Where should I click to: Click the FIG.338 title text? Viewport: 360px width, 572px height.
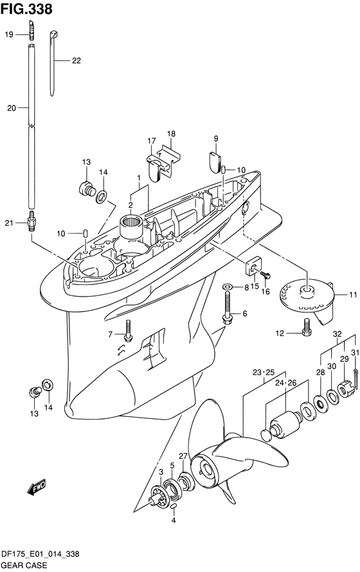26,9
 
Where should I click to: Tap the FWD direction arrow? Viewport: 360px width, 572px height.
36,487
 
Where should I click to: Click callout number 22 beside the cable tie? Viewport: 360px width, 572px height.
76,60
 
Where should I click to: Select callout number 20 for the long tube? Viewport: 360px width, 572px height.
12,108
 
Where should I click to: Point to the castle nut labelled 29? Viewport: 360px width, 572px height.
344,389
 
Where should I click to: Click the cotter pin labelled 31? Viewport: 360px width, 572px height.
355,380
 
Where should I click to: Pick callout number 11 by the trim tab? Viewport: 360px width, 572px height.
353,295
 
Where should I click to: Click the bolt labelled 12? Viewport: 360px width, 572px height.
307,327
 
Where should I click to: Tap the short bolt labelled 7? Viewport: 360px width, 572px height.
127,331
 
